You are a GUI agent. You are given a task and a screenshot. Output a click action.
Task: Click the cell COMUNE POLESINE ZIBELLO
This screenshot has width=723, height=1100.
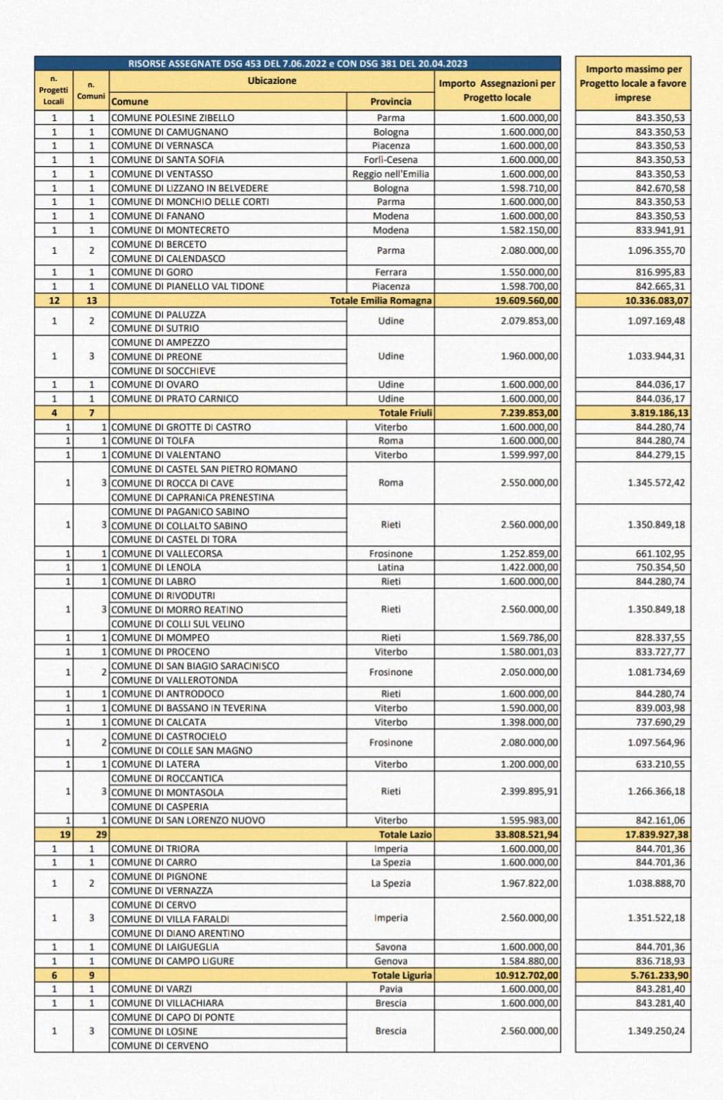[x=173, y=118]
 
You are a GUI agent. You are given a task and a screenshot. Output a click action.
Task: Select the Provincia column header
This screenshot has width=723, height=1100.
[x=390, y=101]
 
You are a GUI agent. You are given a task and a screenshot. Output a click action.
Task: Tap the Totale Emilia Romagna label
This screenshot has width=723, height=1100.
[x=381, y=300]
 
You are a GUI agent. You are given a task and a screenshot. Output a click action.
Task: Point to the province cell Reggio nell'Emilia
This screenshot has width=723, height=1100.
[x=390, y=174]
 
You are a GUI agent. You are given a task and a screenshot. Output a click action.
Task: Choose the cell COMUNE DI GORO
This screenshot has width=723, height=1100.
[x=152, y=272]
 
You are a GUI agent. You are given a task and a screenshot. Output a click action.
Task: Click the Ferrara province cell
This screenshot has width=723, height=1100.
[x=390, y=272]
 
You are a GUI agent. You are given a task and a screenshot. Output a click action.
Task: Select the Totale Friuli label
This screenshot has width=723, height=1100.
[x=405, y=412]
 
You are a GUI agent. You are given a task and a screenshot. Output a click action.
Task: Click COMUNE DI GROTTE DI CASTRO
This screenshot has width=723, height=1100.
[x=181, y=427]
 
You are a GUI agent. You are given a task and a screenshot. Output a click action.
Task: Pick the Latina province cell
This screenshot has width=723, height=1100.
[x=390, y=567]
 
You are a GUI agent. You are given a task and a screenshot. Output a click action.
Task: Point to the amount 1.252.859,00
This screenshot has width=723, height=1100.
[x=529, y=553]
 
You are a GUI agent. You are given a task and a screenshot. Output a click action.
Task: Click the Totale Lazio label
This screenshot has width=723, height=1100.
[x=405, y=834]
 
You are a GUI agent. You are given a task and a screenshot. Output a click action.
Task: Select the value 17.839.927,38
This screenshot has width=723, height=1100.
[x=656, y=834]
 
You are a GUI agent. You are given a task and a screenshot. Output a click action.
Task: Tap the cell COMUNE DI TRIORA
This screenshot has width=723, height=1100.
[x=155, y=848]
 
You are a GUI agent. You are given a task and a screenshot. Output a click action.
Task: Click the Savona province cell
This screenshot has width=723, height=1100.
[x=390, y=947]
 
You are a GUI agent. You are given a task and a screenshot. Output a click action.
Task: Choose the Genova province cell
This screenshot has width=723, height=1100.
[x=390, y=961]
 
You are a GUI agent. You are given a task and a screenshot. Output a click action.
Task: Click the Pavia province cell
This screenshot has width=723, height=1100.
[x=390, y=989]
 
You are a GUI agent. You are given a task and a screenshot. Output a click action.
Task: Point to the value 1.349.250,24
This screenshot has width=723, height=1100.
[x=656, y=1031]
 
